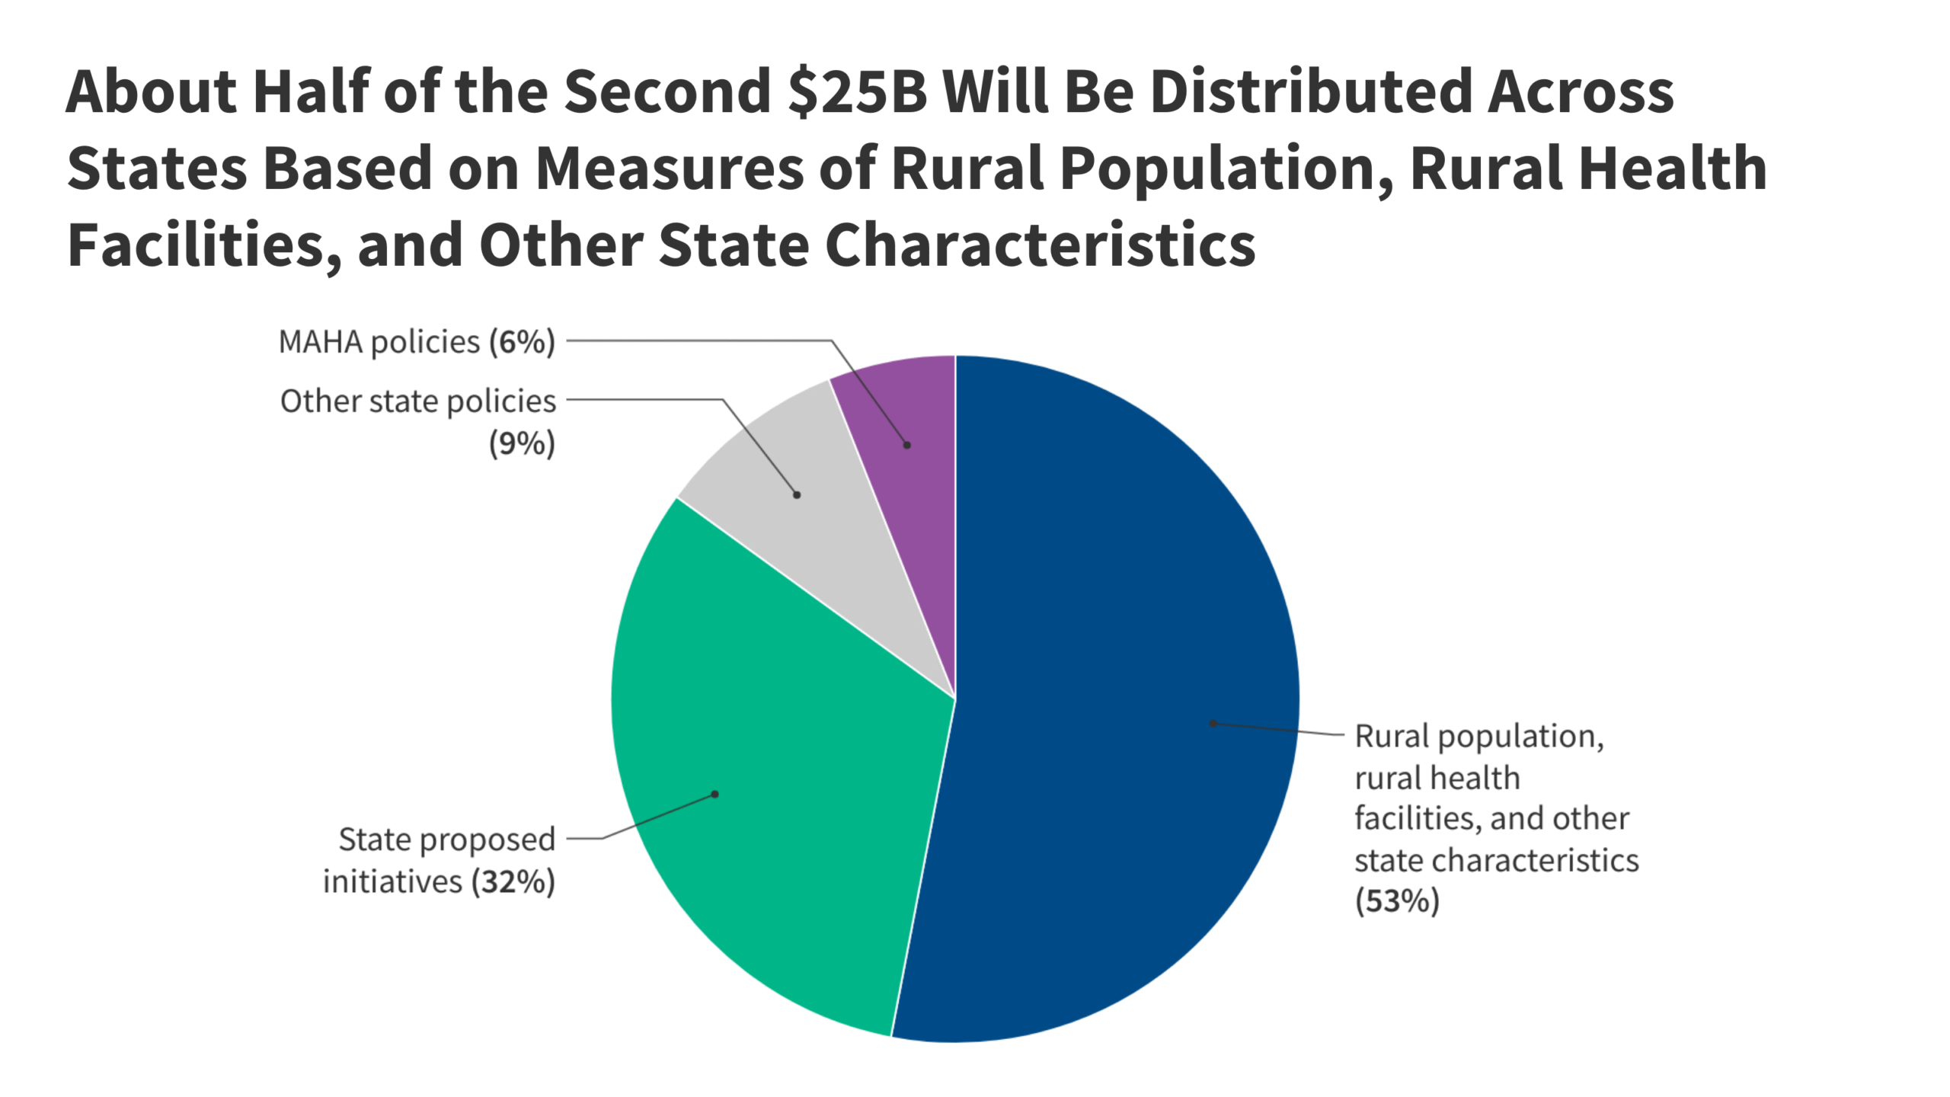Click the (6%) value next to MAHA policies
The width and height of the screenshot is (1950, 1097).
tap(522, 342)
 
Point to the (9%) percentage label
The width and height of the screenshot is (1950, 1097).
tap(522, 443)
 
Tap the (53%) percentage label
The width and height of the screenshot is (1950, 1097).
tap(1397, 901)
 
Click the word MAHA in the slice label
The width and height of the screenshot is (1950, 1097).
tap(320, 342)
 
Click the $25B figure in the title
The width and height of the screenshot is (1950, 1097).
tap(857, 91)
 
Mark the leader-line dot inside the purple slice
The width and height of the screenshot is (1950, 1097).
tap(907, 445)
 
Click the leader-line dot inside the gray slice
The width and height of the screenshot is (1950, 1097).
tap(797, 495)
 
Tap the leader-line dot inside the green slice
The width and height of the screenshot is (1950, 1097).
tap(714, 795)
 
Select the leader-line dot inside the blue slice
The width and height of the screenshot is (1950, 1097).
tap(1213, 724)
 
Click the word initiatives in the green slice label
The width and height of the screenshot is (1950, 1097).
tap(392, 882)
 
